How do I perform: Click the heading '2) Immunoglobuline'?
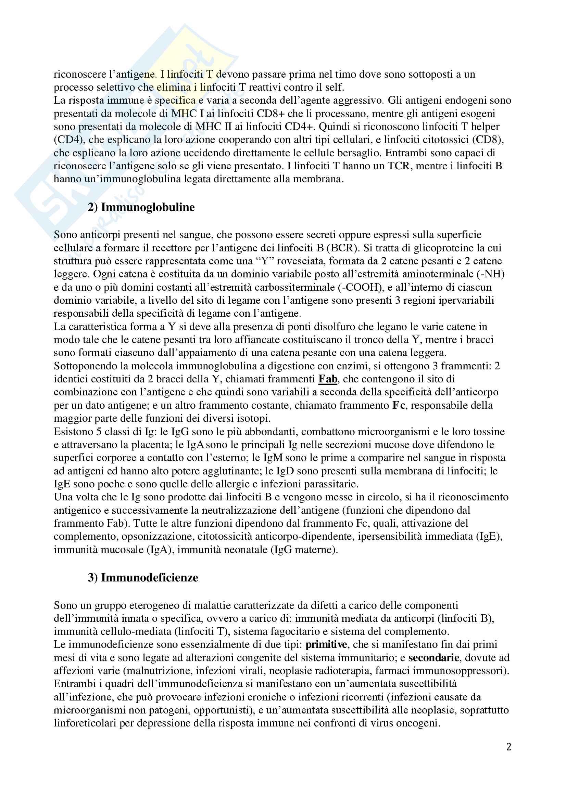[x=141, y=207]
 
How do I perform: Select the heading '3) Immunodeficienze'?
[x=143, y=578]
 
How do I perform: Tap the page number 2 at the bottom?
[x=508, y=747]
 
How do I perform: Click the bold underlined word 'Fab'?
[x=327, y=379]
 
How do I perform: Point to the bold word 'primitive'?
[x=326, y=645]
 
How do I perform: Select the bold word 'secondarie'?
[x=433, y=658]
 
